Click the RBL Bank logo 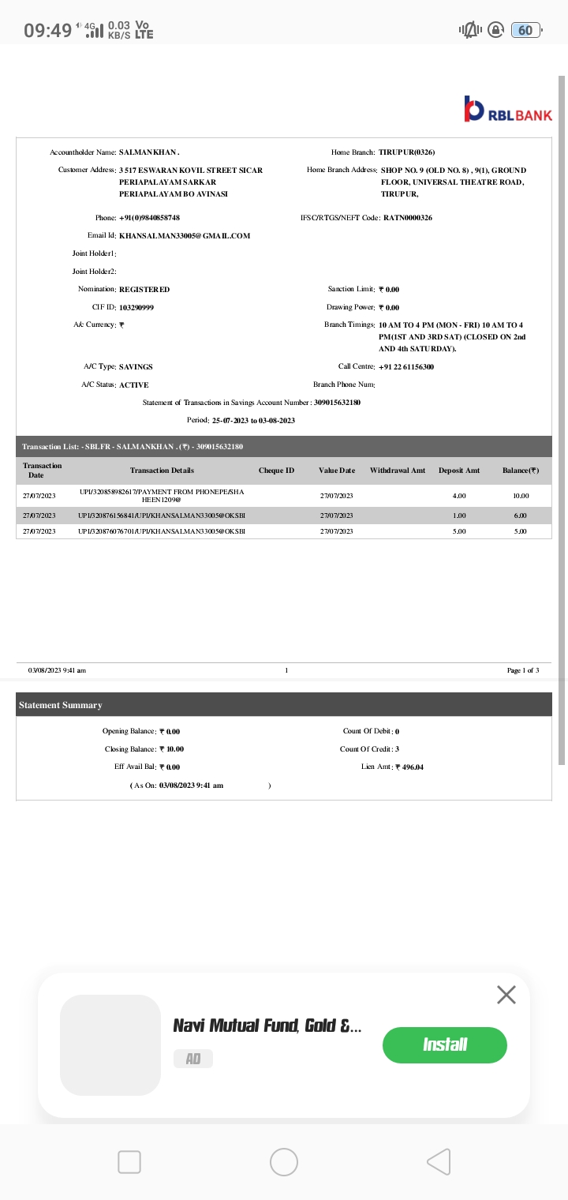pyautogui.click(x=508, y=111)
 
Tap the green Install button pyautogui.click(x=444, y=1044)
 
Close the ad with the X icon pyautogui.click(x=506, y=995)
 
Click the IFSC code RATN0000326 pyautogui.click(x=407, y=218)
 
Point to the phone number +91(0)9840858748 pyautogui.click(x=149, y=218)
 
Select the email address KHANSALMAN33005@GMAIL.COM pyautogui.click(x=185, y=236)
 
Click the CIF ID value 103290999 pyautogui.click(x=136, y=307)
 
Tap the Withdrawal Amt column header pyautogui.click(x=397, y=471)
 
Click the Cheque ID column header pyautogui.click(x=276, y=471)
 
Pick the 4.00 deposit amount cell pyautogui.click(x=459, y=496)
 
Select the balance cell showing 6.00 pyautogui.click(x=520, y=516)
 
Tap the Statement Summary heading pyautogui.click(x=61, y=705)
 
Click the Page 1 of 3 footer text pyautogui.click(x=523, y=670)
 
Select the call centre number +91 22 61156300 pyautogui.click(x=406, y=367)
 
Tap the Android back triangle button pyautogui.click(x=439, y=1161)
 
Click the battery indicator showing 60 pyautogui.click(x=525, y=30)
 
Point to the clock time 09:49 pyautogui.click(x=47, y=31)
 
